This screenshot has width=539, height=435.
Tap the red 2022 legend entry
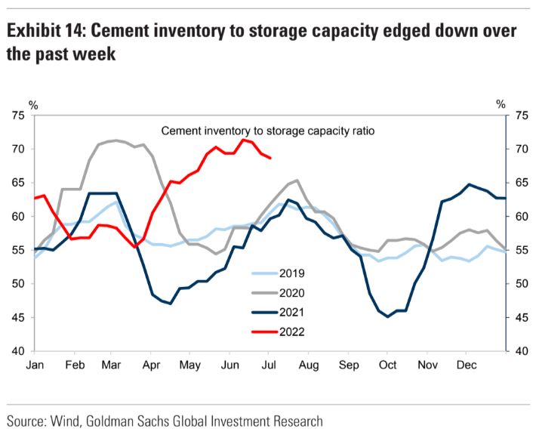[280, 330]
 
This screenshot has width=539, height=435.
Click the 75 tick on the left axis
[17, 116]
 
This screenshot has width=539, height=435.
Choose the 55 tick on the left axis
[17, 251]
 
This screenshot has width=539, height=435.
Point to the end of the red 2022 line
[270, 157]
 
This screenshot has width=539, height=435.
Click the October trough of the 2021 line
[388, 316]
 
